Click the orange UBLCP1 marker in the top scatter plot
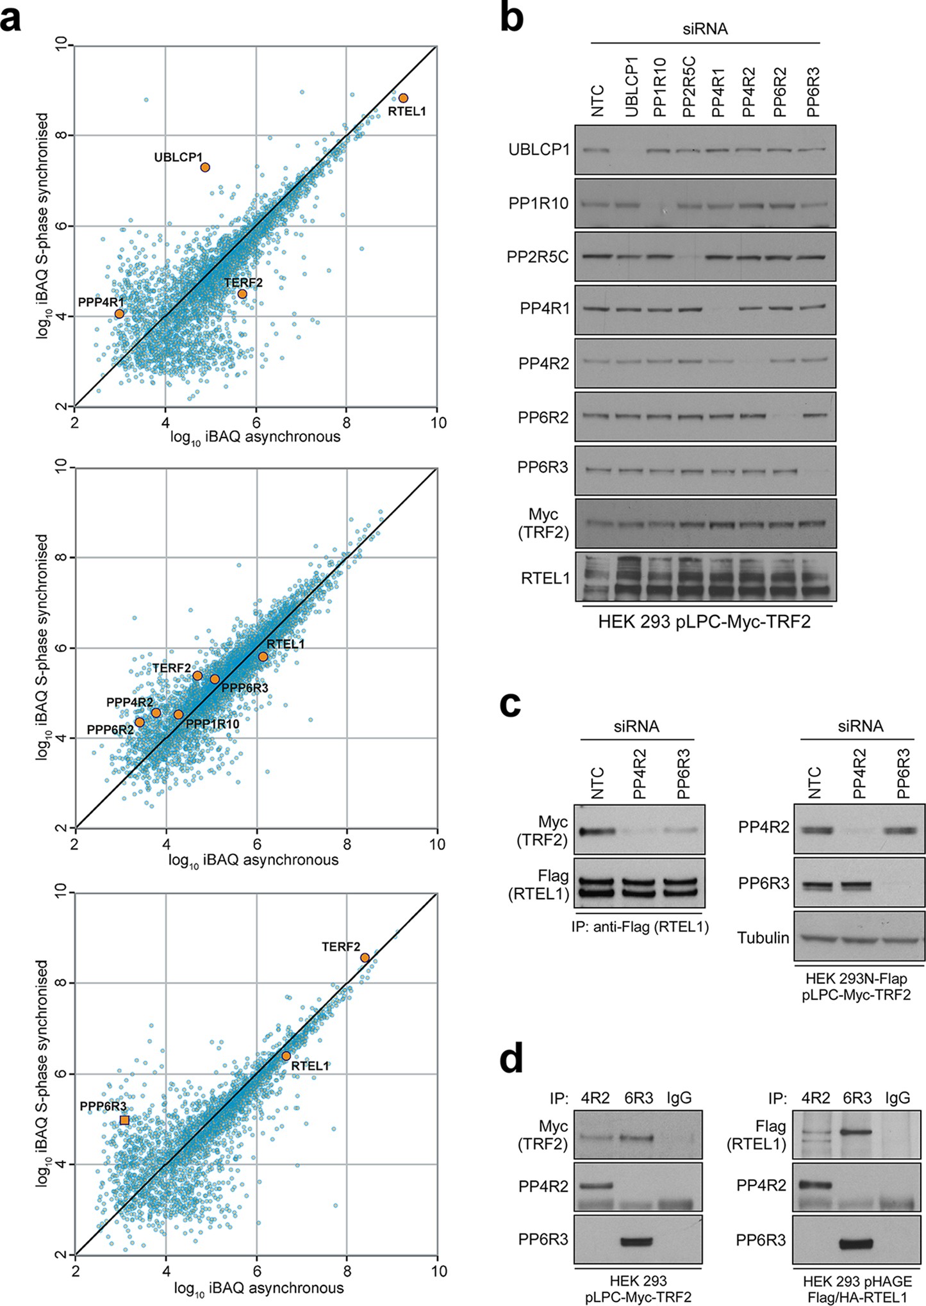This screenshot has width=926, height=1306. [x=205, y=167]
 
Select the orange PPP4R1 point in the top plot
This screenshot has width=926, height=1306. [x=119, y=314]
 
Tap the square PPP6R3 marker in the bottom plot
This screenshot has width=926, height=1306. [x=124, y=1120]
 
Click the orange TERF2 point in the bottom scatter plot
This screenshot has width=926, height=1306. [x=365, y=958]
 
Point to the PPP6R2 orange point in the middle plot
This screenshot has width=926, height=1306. [x=139, y=722]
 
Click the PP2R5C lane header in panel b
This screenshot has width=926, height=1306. [x=689, y=86]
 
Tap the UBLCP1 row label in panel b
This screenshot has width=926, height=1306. [x=539, y=150]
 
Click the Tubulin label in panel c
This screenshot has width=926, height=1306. [x=763, y=938]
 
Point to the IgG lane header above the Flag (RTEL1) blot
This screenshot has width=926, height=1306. [x=897, y=1098]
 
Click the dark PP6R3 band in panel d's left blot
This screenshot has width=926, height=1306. [x=637, y=1241]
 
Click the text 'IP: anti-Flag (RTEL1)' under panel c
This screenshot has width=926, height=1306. [x=640, y=927]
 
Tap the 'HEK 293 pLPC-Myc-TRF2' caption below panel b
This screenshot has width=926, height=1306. [x=704, y=621]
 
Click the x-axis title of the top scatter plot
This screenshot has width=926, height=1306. [x=255, y=437]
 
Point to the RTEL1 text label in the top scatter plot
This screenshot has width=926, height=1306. [x=407, y=111]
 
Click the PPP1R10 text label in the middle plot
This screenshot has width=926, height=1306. [x=212, y=724]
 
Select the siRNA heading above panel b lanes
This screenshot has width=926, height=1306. [x=705, y=29]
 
